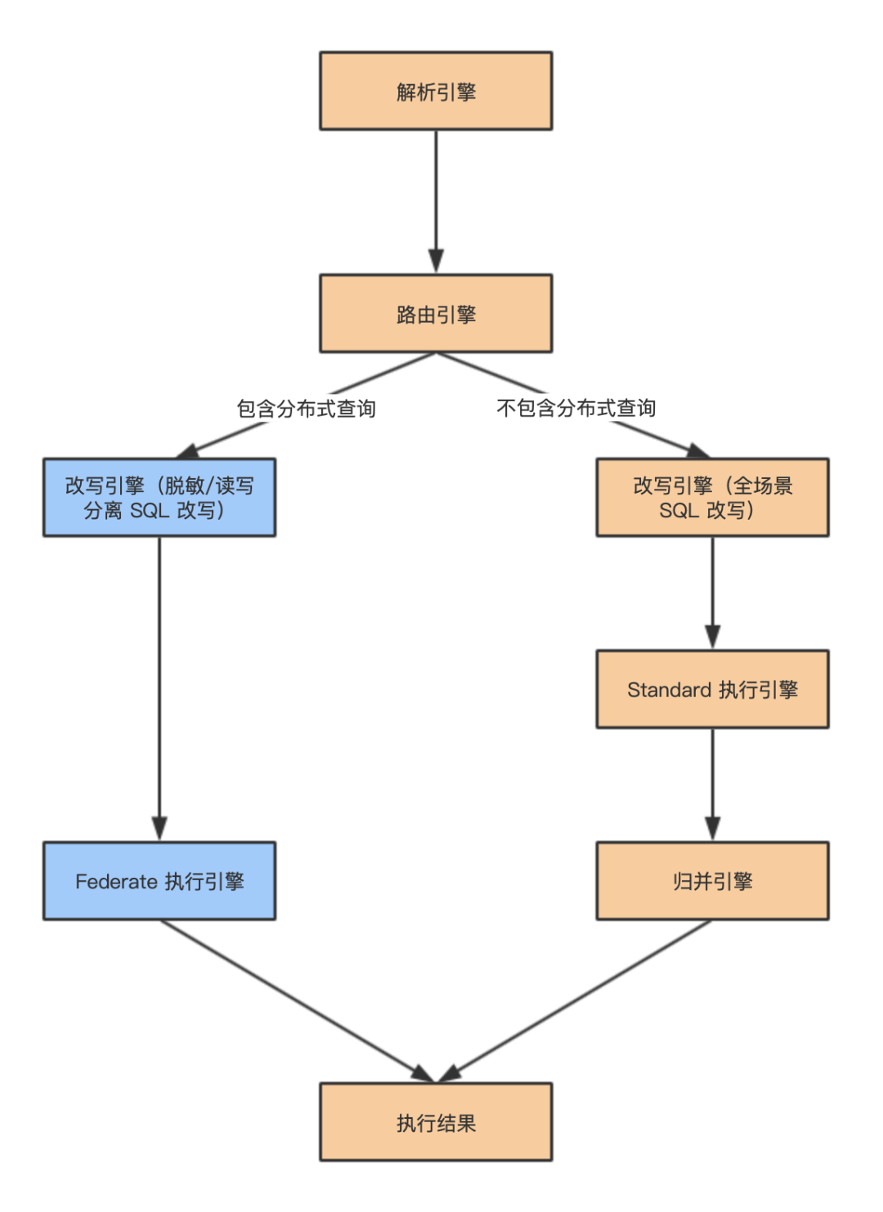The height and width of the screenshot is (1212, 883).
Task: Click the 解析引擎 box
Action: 436,91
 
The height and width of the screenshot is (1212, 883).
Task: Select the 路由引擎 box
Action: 436,314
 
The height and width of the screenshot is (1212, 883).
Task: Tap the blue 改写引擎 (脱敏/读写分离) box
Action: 159,497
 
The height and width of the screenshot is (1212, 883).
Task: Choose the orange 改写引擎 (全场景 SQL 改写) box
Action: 712,497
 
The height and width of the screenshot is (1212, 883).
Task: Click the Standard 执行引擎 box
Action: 712,689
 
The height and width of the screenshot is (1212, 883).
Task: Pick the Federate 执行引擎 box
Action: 159,881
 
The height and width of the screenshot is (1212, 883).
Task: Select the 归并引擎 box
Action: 712,881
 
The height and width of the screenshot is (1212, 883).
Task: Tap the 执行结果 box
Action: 436,1122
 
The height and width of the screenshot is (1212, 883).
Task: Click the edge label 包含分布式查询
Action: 307,409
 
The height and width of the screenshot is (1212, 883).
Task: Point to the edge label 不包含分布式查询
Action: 576,408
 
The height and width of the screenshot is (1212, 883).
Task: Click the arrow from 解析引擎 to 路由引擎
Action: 436,200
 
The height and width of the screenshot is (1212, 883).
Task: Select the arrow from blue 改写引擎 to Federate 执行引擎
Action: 159,687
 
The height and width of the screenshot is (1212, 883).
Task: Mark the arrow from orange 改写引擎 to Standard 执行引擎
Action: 712,593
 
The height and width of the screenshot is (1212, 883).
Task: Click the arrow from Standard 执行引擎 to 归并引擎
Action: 712,785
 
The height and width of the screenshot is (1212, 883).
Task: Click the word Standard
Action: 669,690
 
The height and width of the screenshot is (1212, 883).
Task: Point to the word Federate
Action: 116,882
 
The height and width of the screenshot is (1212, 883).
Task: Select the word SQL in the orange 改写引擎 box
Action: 679,511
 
